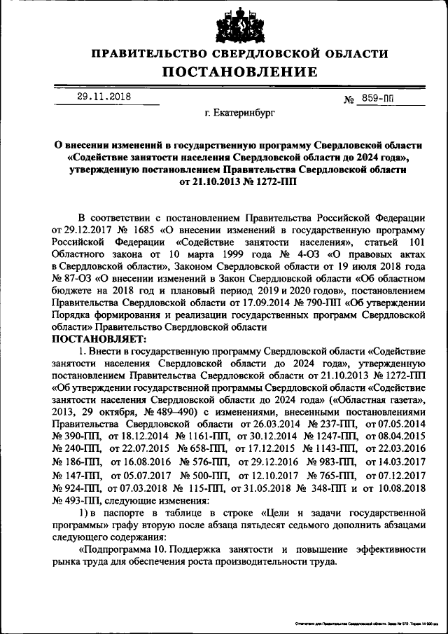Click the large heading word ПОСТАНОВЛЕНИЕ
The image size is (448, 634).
(240, 72)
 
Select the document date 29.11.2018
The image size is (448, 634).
(104, 97)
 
